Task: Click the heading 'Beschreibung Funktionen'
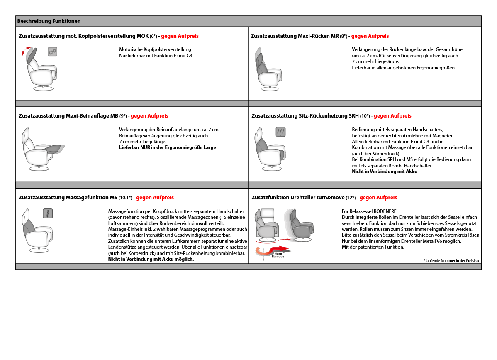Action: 49,21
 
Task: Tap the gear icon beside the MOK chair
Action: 52,51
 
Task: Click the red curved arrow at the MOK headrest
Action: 25,52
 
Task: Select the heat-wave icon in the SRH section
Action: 281,132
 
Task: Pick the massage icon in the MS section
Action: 48,213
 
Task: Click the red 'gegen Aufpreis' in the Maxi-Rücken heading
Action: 370,36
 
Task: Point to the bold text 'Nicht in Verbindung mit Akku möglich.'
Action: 151,259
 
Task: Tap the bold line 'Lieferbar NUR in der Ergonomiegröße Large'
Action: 168,147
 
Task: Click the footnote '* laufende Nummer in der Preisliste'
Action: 451,260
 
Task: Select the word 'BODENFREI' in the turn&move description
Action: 385,211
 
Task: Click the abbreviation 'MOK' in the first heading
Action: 142,36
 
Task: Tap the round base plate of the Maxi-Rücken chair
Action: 270,88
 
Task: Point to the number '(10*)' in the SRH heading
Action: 365,116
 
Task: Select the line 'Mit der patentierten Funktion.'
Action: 373,247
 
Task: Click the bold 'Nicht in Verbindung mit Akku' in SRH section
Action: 385,171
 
